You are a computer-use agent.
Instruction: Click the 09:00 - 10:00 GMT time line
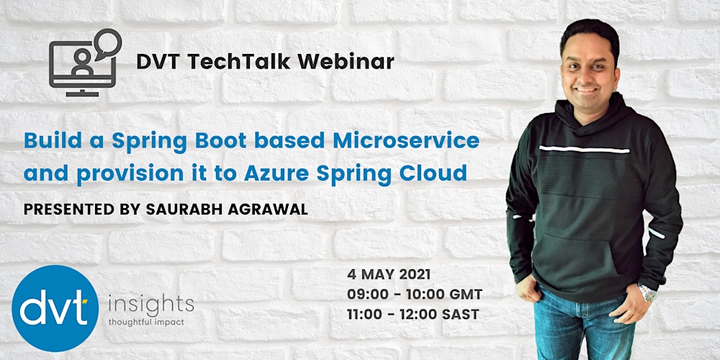click(x=414, y=294)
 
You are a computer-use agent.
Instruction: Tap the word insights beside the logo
click(x=150, y=301)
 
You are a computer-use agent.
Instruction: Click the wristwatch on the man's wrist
click(x=647, y=292)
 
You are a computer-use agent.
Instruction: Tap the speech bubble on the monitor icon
click(x=107, y=42)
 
